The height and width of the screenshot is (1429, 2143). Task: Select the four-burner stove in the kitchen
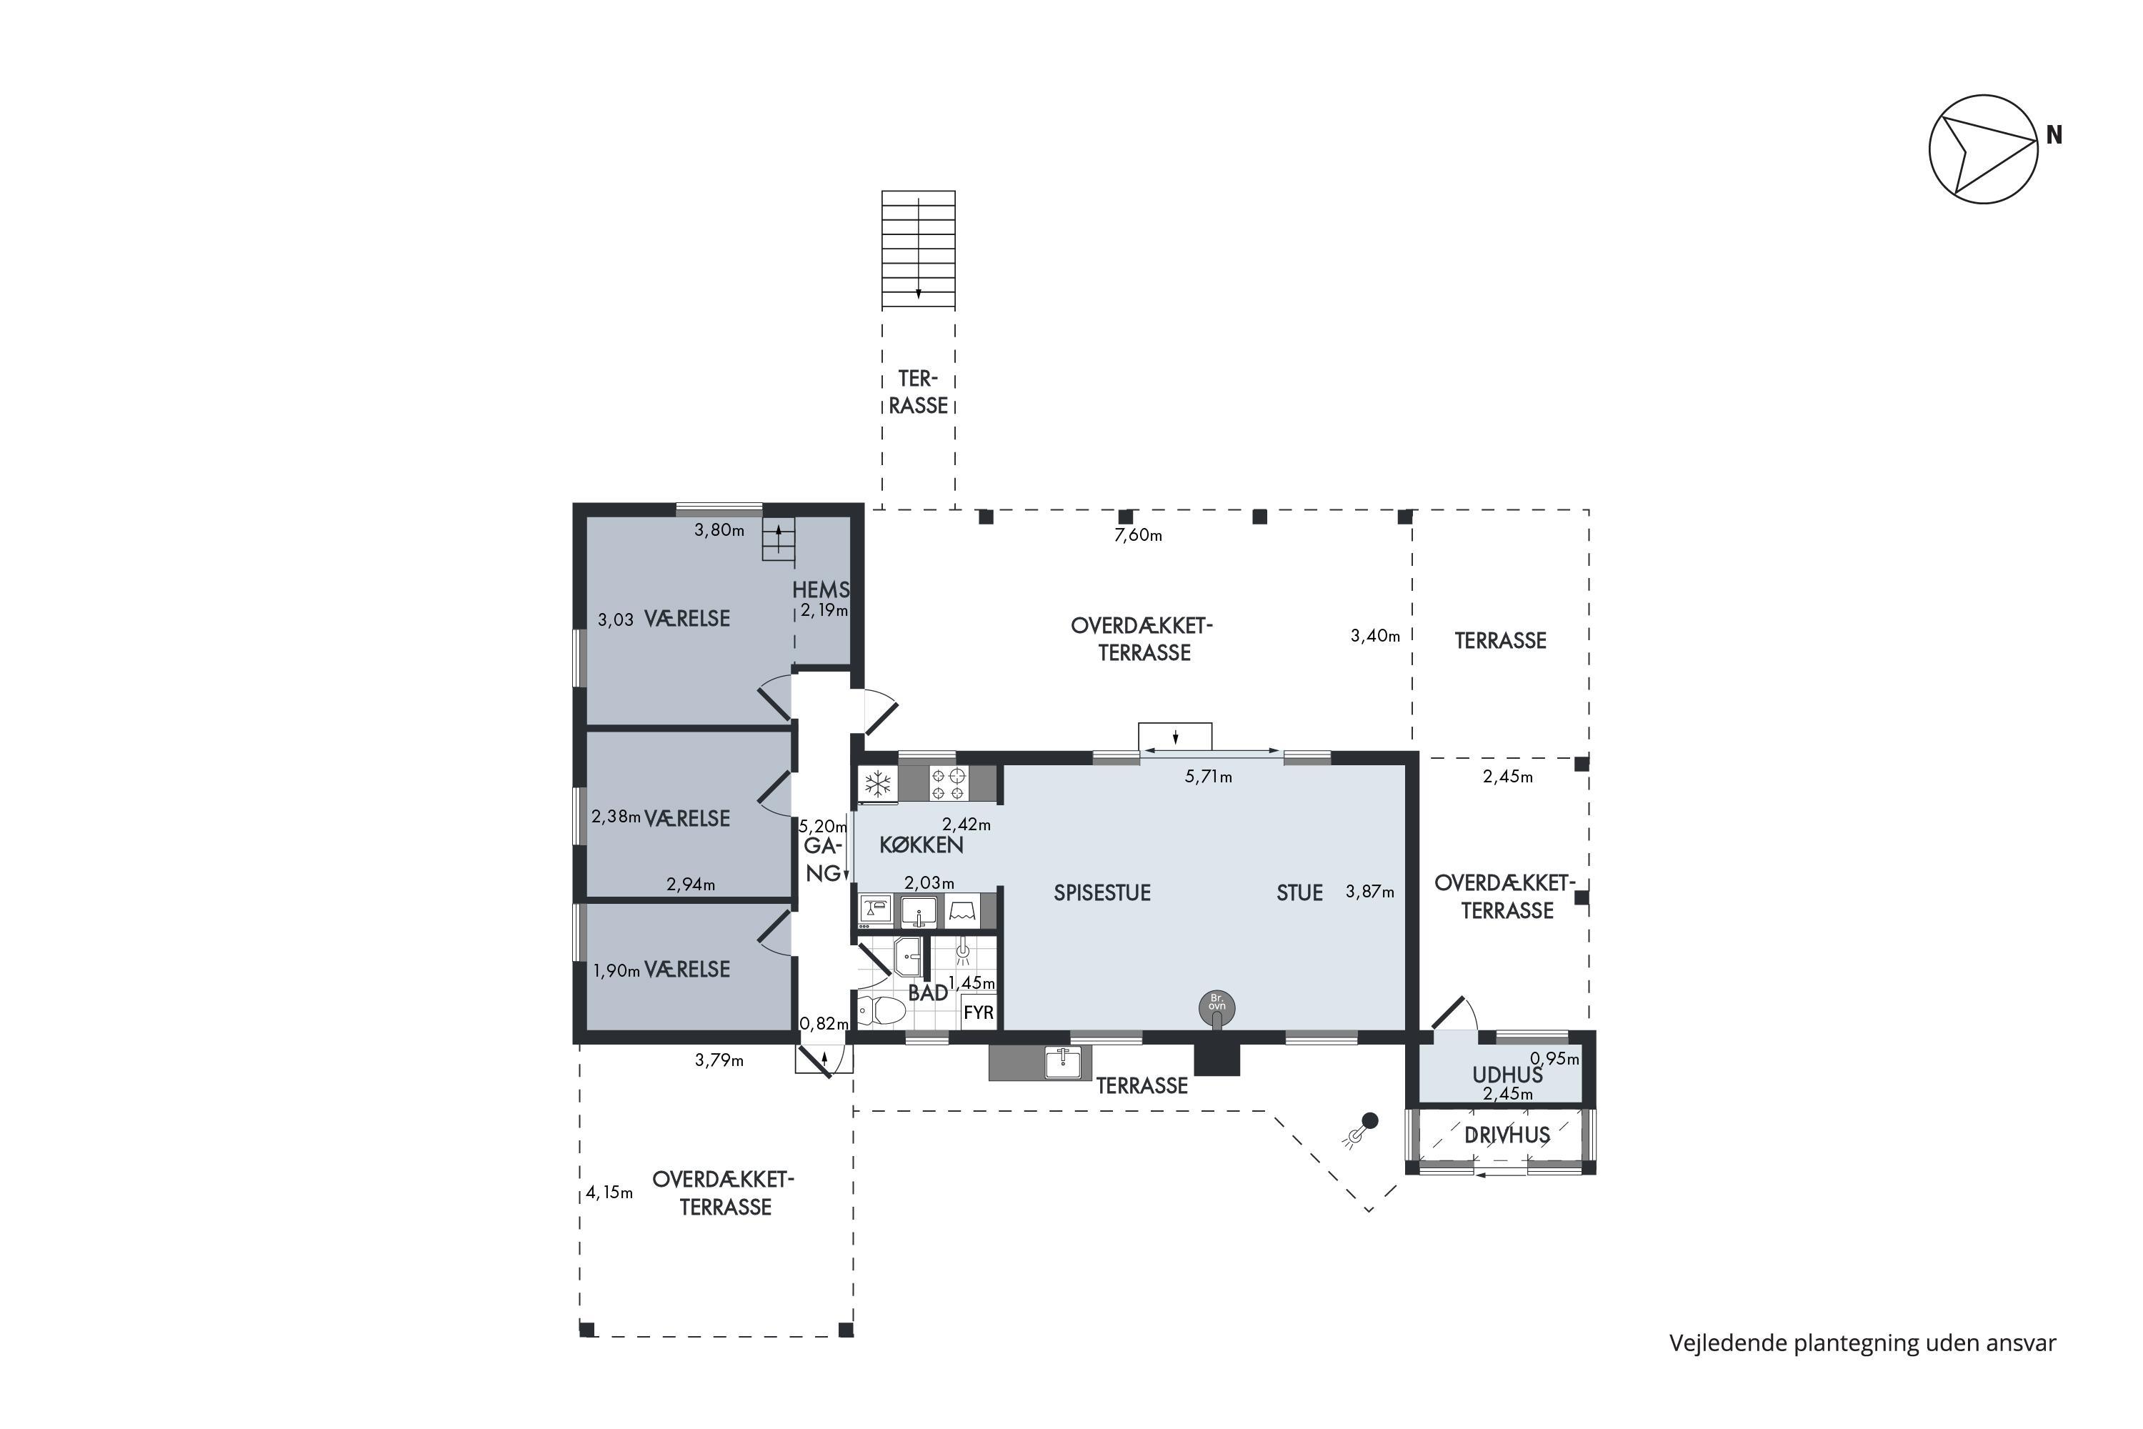click(x=949, y=784)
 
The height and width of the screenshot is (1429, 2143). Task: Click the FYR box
click(x=979, y=1012)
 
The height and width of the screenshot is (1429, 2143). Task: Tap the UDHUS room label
click(x=1507, y=1075)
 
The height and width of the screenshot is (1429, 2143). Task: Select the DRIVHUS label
click(x=1507, y=1135)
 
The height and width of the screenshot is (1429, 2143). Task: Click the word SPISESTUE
click(x=1102, y=893)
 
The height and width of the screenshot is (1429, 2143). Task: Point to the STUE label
click(x=1299, y=893)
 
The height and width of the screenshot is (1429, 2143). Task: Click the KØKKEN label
click(x=921, y=845)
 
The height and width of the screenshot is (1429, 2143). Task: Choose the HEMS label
click(x=820, y=589)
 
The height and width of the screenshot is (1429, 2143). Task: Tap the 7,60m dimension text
click(x=1138, y=535)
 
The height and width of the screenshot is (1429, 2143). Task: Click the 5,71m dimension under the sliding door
click(x=1208, y=777)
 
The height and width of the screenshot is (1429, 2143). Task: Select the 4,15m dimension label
click(x=609, y=1192)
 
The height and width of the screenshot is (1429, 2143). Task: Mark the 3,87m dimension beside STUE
click(x=1369, y=892)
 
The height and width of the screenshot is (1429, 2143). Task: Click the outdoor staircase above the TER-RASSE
click(x=919, y=249)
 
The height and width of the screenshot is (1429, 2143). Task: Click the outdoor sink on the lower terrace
click(x=1061, y=1062)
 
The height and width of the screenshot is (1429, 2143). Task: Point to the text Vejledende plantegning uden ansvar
click(x=1862, y=1343)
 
